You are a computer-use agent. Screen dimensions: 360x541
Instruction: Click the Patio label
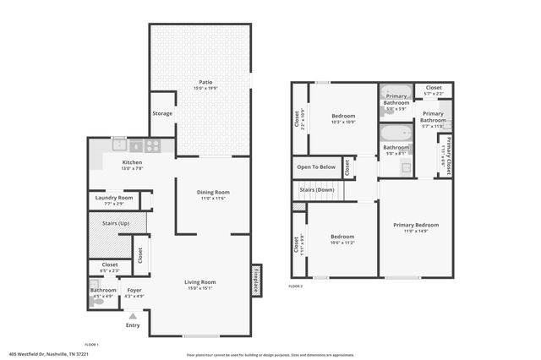pos(199,81)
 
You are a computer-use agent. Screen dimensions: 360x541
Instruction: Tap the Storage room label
pos(161,113)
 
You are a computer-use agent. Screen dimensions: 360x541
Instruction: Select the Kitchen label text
pos(132,162)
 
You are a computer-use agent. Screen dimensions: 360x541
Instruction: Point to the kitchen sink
pos(118,145)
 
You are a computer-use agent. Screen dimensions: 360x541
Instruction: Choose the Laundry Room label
pos(114,198)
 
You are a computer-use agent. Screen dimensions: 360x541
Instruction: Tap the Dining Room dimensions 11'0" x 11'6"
pos(214,198)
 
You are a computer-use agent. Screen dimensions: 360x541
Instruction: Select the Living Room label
pos(201,282)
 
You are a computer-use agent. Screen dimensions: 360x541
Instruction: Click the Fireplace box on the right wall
pos(255,281)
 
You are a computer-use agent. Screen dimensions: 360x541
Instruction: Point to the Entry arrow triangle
pos(132,316)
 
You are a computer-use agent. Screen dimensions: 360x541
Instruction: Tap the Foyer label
pos(134,290)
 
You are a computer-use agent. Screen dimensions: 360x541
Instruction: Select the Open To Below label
pos(315,167)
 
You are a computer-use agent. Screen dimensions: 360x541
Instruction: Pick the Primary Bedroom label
pos(416,225)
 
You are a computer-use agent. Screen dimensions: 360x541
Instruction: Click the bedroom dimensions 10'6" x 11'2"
pos(342,242)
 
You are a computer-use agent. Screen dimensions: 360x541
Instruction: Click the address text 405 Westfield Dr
pos(50,354)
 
